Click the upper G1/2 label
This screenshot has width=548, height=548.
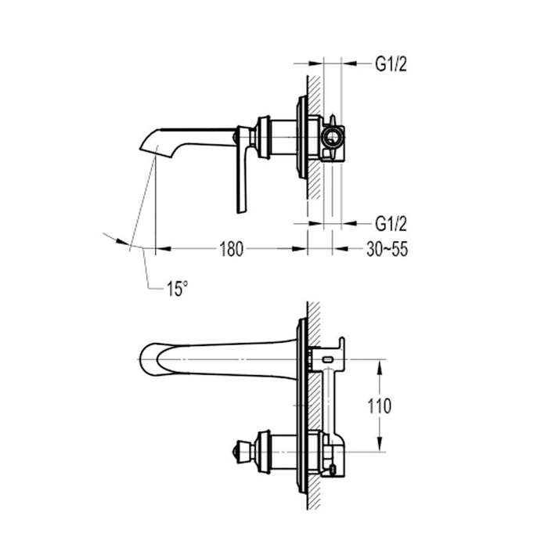tap(390, 65)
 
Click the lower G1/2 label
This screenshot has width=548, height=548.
tap(390, 224)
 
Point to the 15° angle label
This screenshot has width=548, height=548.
tap(177, 289)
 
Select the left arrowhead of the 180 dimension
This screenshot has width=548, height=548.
tap(161, 249)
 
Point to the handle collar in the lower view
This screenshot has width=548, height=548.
tap(264, 452)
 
